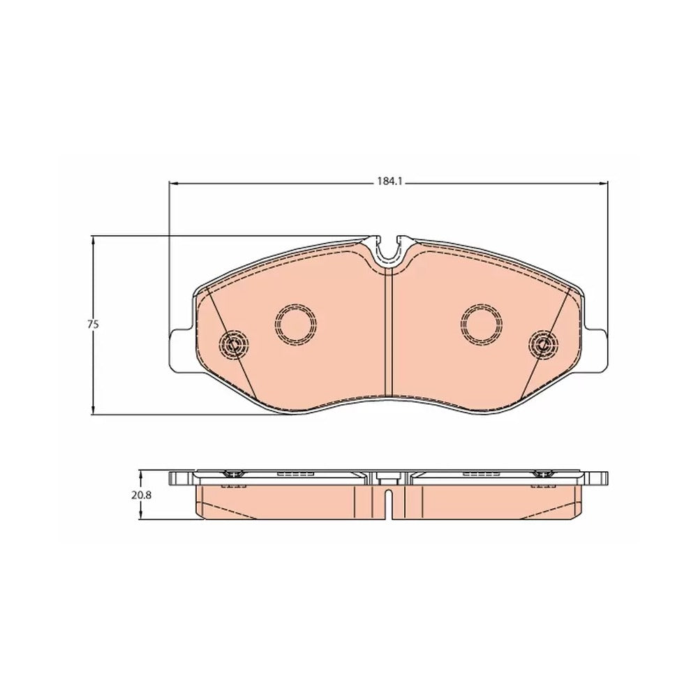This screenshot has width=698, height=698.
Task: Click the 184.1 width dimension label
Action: click(389, 181)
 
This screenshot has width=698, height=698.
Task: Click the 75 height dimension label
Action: click(93, 325)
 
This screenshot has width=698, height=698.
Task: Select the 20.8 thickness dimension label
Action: click(142, 495)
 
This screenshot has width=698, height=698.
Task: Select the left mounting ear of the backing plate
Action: click(181, 350)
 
